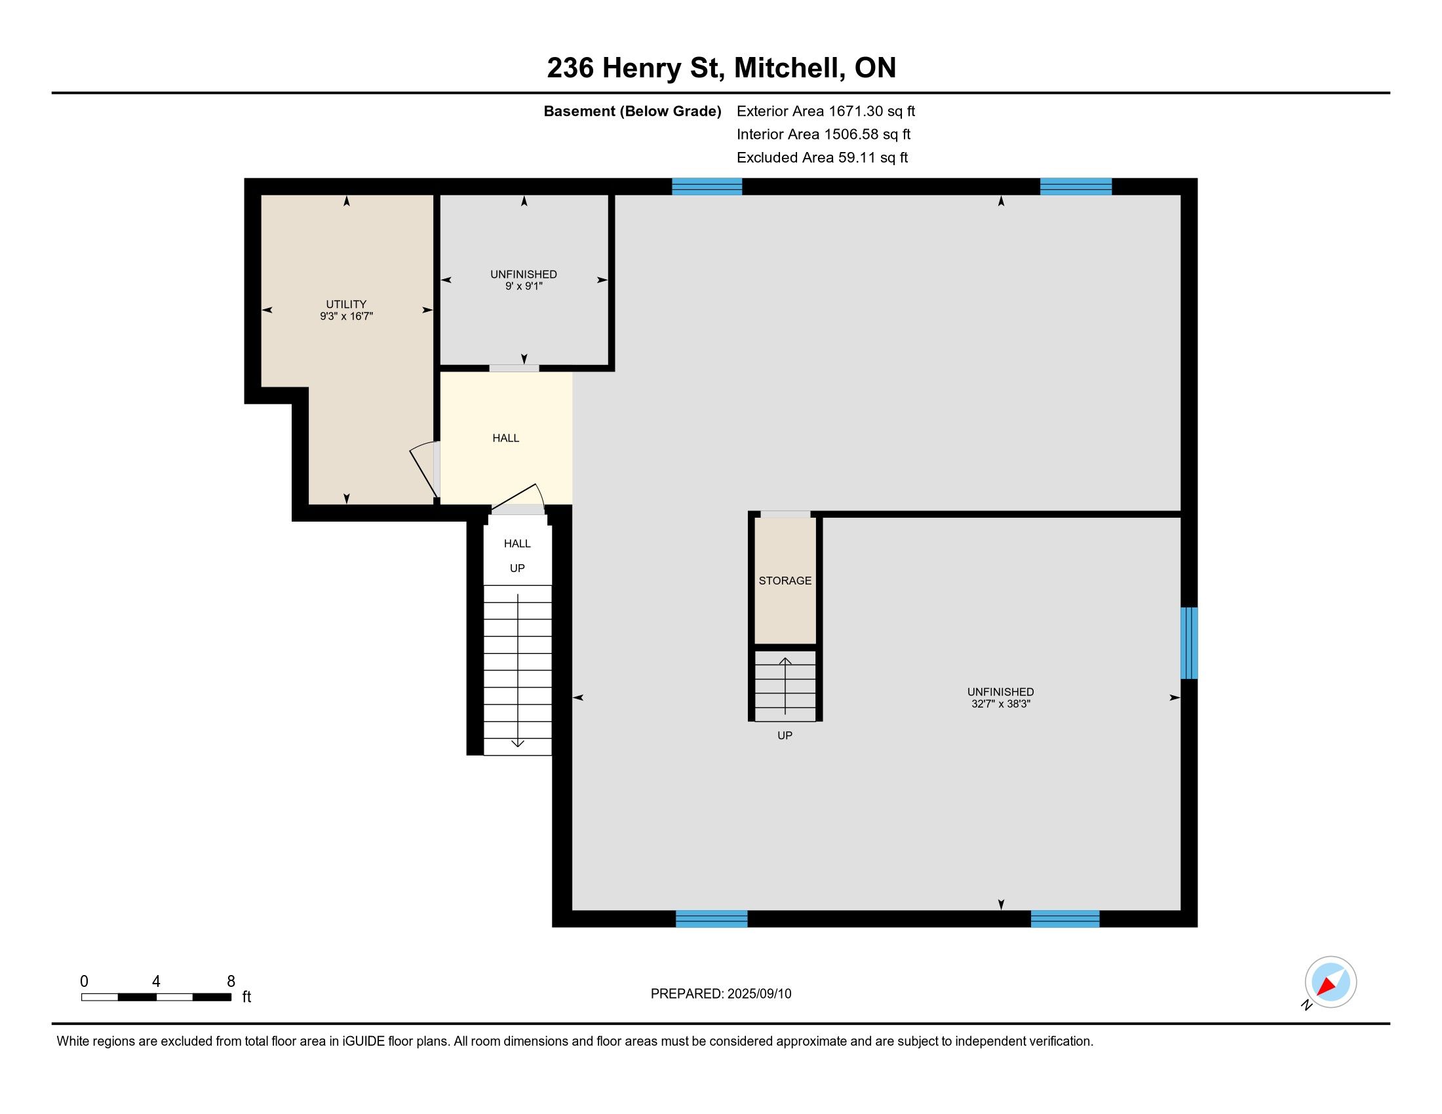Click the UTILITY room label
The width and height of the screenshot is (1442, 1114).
[x=346, y=304]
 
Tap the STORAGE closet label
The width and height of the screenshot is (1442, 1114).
[x=785, y=581]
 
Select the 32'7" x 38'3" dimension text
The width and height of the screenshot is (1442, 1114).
[x=1001, y=704]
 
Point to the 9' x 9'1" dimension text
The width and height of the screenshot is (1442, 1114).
[x=524, y=286]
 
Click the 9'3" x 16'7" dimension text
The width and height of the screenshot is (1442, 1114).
[x=347, y=316]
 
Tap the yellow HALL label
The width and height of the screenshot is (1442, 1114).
[x=506, y=438]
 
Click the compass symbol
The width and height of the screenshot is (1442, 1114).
[x=1331, y=982]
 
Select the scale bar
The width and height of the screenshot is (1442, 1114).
[x=157, y=997]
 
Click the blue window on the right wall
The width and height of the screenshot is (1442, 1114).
[x=1189, y=643]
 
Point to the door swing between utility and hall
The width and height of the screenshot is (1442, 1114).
[x=423, y=470]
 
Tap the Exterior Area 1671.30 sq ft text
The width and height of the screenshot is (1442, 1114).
[x=826, y=111]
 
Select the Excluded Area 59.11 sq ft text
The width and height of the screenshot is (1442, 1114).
[x=822, y=158]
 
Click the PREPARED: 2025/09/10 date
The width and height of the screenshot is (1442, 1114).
[x=721, y=994]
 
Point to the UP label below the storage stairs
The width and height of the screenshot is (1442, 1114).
[x=785, y=735]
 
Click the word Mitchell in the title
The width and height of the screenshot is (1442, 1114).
[x=790, y=68]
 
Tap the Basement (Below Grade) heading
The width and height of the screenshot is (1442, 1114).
[x=632, y=111]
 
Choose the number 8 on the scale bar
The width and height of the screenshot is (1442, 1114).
[x=231, y=982]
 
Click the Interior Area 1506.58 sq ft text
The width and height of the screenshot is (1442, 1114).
[x=823, y=134]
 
